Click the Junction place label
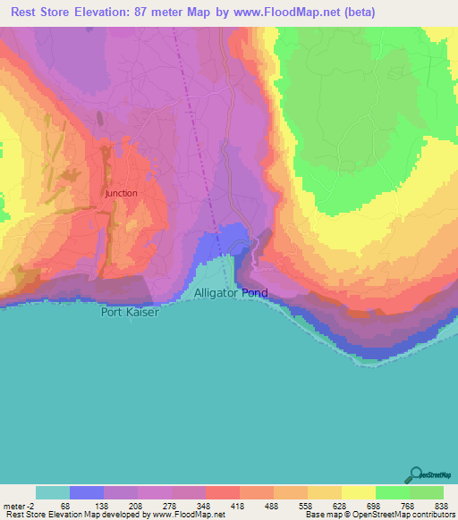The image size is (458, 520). pyautogui.click(x=121, y=193)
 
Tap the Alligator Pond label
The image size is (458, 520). pyautogui.click(x=231, y=293)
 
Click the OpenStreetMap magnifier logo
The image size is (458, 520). pyautogui.click(x=416, y=474)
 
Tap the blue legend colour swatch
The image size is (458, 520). pyautogui.click(x=87, y=492)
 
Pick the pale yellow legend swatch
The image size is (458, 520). pyautogui.click(x=359, y=492)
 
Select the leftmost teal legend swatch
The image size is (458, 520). pyautogui.click(x=53, y=492)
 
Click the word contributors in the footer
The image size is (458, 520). pyautogui.click(x=429, y=514)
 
